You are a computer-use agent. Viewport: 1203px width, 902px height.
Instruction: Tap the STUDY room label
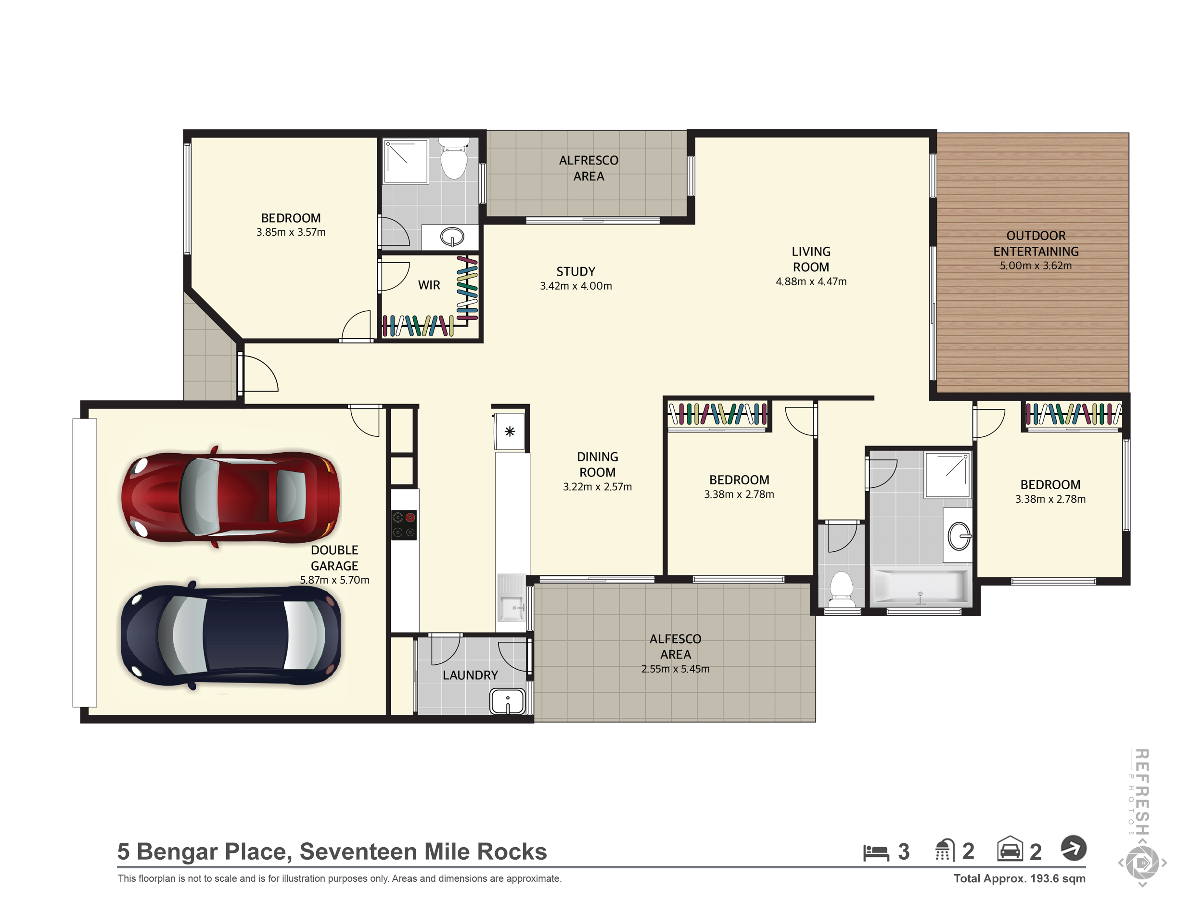pos(576,271)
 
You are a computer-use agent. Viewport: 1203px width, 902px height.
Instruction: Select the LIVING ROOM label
pos(811,259)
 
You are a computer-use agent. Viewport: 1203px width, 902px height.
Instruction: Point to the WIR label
pos(429,285)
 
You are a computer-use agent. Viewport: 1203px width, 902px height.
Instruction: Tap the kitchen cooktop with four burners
pos(404,525)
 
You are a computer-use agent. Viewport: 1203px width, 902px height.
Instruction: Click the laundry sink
pos(507,701)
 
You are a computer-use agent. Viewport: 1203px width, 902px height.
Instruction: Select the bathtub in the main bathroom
pos(920,588)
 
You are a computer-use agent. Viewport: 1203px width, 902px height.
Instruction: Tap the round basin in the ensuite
pos(452,237)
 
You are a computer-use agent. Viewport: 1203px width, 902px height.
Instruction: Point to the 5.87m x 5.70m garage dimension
pos(334,580)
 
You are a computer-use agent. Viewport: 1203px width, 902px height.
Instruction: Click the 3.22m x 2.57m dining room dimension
pos(597,487)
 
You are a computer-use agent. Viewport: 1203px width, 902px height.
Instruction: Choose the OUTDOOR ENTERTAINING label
pos(1036,243)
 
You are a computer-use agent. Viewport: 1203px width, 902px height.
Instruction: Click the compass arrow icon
pos(1074,848)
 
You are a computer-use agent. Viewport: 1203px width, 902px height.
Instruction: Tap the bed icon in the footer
pos(876,852)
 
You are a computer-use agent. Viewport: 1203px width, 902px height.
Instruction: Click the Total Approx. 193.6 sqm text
pos(1020,878)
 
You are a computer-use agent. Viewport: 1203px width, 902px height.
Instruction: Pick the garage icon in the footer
pos(1010,849)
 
